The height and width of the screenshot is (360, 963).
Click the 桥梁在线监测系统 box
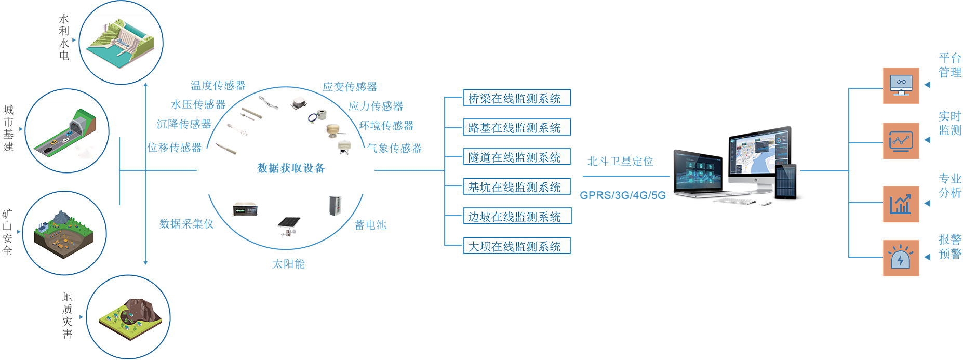pyautogui.click(x=517, y=98)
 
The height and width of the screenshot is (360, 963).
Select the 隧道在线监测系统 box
pyautogui.click(x=517, y=157)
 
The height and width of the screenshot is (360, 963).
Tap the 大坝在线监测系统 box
pyautogui.click(x=517, y=246)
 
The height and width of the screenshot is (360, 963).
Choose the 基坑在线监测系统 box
pyautogui.click(x=517, y=186)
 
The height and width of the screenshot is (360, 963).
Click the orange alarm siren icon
pyautogui.click(x=901, y=258)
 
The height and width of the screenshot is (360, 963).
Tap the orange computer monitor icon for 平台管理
pyautogui.click(x=901, y=86)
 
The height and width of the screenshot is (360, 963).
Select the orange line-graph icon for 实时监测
pyautogui.click(x=901, y=141)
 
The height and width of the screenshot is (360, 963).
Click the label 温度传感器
pyautogui.click(x=218, y=86)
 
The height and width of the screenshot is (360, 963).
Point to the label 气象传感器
pyautogui.click(x=394, y=149)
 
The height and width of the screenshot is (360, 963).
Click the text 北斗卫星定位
pyautogui.click(x=620, y=162)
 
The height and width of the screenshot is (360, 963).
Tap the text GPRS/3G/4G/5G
pyautogui.click(x=622, y=196)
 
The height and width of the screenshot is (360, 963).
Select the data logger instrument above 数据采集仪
pyautogui.click(x=245, y=209)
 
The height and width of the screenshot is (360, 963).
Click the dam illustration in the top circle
pyautogui.click(x=122, y=43)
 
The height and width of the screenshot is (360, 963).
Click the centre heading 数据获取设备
pyautogui.click(x=290, y=168)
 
